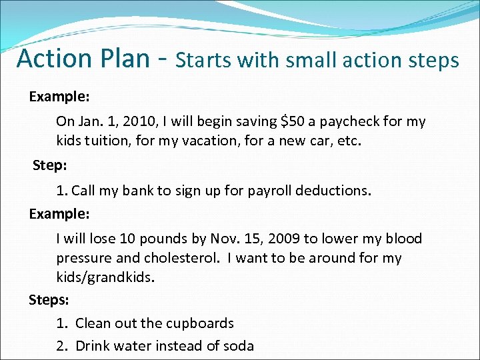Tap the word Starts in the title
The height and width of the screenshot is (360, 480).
(203, 61)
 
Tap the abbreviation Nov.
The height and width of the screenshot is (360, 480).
(224, 239)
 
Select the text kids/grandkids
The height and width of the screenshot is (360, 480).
(105, 277)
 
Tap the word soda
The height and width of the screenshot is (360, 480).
(239, 345)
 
